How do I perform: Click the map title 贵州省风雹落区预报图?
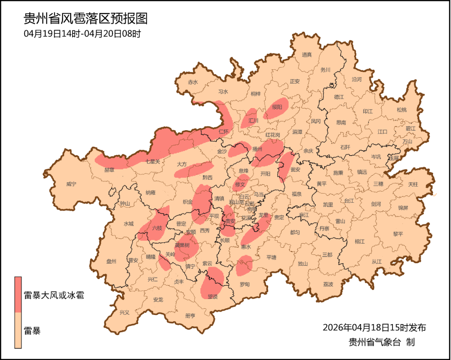85,19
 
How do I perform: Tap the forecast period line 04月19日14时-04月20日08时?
82,34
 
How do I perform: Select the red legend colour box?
18,294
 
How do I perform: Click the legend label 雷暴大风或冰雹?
54,295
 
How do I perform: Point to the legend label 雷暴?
32,331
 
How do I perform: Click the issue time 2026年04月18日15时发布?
374,327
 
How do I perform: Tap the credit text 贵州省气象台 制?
381,342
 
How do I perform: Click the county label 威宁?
71,184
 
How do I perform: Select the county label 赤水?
193,82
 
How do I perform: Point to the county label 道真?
307,55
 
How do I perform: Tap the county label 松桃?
401,110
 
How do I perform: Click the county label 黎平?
398,234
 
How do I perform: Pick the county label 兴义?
124,312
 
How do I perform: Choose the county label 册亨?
190,316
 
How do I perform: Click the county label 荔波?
328,284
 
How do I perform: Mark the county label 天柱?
413,184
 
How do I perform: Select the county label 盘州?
111,262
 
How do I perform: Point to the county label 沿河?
357,79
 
